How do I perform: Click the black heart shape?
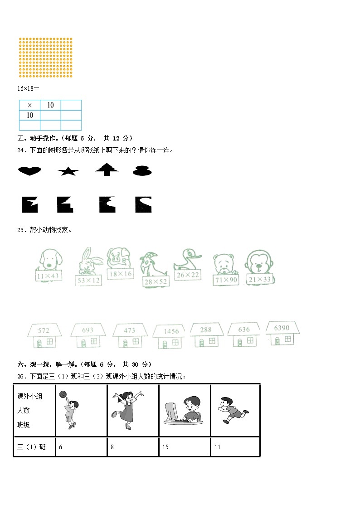coord(29,170)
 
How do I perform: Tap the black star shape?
coord(68,171)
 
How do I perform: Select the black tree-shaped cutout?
coord(107,170)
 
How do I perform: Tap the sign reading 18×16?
coord(121,274)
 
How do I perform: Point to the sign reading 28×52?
coord(156,282)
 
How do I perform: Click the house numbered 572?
coord(44,335)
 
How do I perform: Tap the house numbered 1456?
coord(170,337)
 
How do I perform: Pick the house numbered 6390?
coord(282,333)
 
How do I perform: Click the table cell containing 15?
coord(185,447)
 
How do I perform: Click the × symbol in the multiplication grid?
coord(30,105)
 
